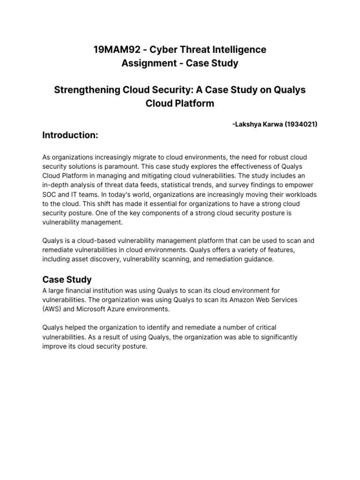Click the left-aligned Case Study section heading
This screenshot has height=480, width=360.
point(67,279)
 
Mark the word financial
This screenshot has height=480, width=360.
point(84,291)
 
